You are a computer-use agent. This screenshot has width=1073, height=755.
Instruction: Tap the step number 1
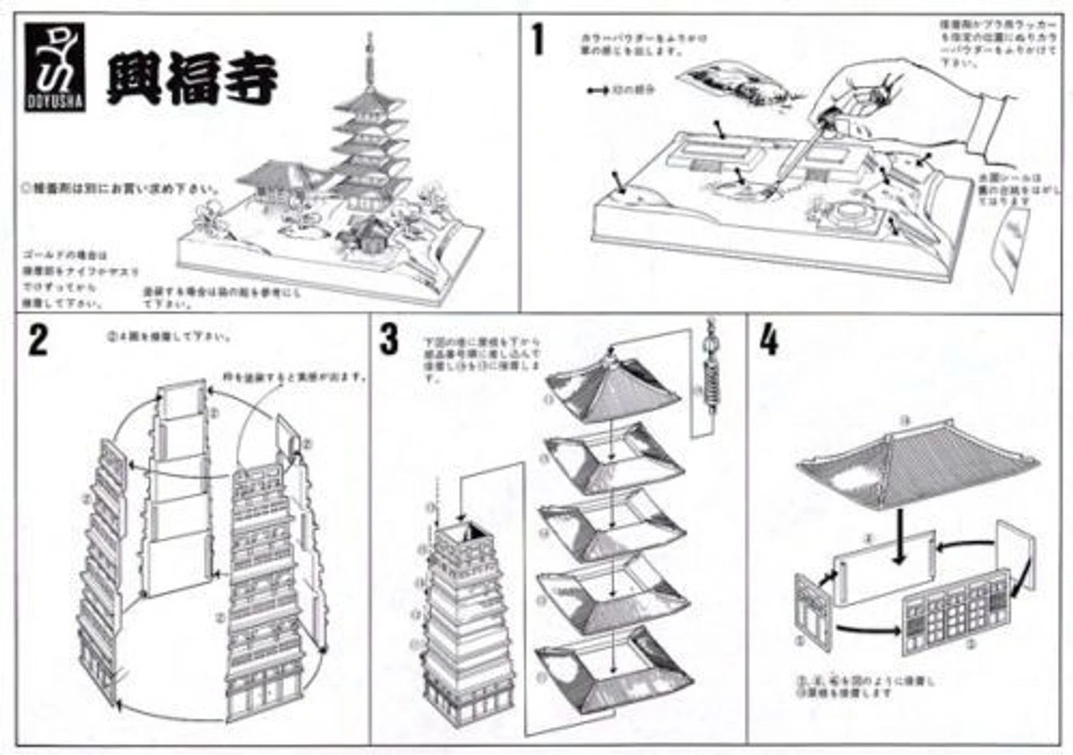[537, 39]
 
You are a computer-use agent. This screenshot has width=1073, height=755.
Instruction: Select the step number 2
[37, 342]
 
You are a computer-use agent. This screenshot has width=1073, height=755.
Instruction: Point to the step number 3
[388, 339]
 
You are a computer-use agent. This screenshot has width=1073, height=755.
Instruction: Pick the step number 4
[769, 341]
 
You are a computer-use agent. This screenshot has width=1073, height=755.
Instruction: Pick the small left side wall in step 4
[811, 613]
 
